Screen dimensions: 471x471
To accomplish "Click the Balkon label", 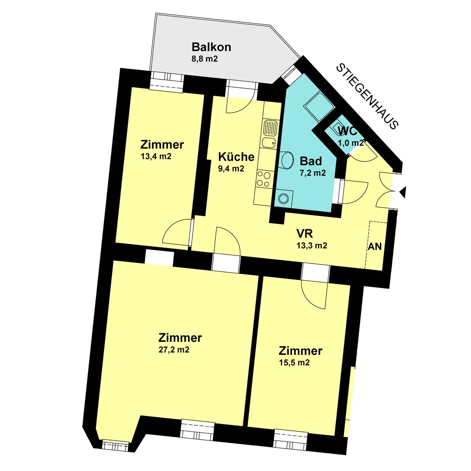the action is tap(211, 47).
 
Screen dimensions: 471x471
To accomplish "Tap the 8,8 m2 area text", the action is tap(204, 59).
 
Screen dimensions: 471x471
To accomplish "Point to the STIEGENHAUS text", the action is tap(367, 97).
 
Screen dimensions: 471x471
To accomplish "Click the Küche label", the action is tap(236, 157).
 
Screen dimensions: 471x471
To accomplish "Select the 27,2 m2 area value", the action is tap(174, 350).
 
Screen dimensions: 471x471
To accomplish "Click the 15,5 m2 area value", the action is tap(294, 363).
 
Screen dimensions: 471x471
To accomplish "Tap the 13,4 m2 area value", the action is tap(156, 157).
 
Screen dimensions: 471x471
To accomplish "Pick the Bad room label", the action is tap(310, 161).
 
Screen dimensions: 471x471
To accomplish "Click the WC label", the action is tap(347, 131).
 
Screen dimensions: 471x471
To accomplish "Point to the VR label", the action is tap(305, 234).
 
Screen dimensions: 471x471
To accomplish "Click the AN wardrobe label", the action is tap(375, 246).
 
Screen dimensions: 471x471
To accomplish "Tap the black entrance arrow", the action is tap(403, 192).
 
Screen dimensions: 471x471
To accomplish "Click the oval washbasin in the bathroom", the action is tap(287, 160).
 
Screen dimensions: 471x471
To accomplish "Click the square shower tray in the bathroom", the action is tap(319, 106).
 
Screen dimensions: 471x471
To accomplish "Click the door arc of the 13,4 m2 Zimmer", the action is tap(177, 232).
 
